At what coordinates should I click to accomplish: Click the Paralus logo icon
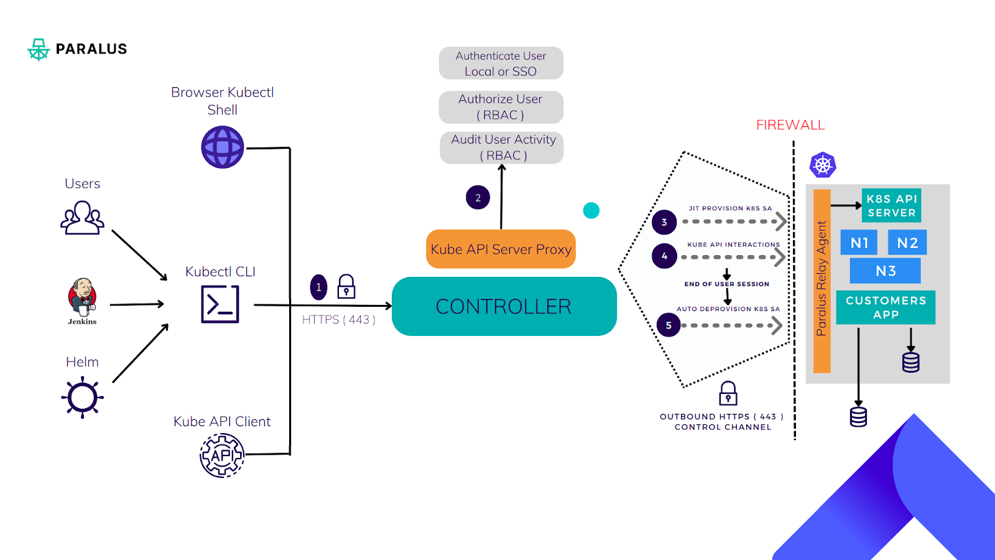click(x=39, y=49)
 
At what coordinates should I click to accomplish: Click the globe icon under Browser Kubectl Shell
click(x=223, y=147)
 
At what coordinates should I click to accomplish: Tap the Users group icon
click(x=82, y=218)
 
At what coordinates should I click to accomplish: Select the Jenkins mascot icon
click(x=82, y=297)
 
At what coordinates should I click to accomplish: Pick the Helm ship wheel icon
click(x=82, y=397)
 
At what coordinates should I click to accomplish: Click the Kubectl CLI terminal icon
click(x=220, y=304)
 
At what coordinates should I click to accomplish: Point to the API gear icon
click(x=222, y=455)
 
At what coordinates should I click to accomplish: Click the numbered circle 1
click(x=318, y=287)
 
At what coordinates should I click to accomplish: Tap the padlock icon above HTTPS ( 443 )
click(x=346, y=287)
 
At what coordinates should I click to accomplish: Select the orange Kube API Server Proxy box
click(x=501, y=249)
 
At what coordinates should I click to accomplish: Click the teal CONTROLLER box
click(x=504, y=306)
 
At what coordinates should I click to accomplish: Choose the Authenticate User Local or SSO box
click(x=501, y=63)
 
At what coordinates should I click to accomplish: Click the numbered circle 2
click(x=478, y=198)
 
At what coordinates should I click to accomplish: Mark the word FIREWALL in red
click(x=790, y=125)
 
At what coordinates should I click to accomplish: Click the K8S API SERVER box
click(x=891, y=206)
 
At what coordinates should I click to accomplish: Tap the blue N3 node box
click(x=886, y=271)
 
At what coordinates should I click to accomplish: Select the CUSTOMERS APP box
click(x=886, y=307)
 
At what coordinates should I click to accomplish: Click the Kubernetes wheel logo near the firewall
click(x=823, y=166)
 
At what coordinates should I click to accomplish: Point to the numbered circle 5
click(x=669, y=325)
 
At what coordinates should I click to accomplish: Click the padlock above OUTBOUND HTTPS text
click(x=728, y=394)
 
